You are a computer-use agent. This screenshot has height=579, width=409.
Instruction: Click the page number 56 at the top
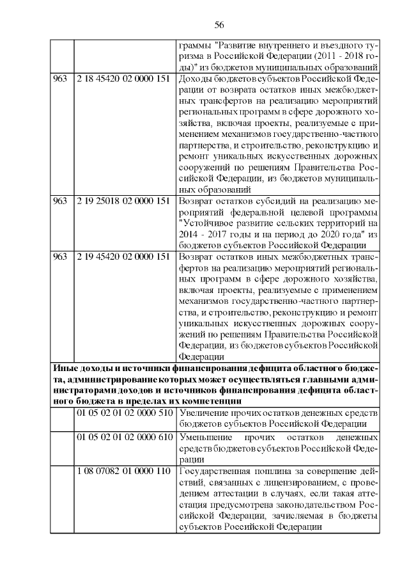tap(219, 24)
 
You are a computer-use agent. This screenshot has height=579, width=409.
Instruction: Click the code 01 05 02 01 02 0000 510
tap(125, 413)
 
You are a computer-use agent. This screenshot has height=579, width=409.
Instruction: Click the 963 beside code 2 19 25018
tap(60, 201)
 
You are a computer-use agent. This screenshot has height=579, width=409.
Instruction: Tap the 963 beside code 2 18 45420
tap(60, 78)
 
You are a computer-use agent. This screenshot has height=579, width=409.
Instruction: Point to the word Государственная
tap(215, 472)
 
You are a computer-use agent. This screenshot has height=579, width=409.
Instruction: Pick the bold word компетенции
tap(203, 401)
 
